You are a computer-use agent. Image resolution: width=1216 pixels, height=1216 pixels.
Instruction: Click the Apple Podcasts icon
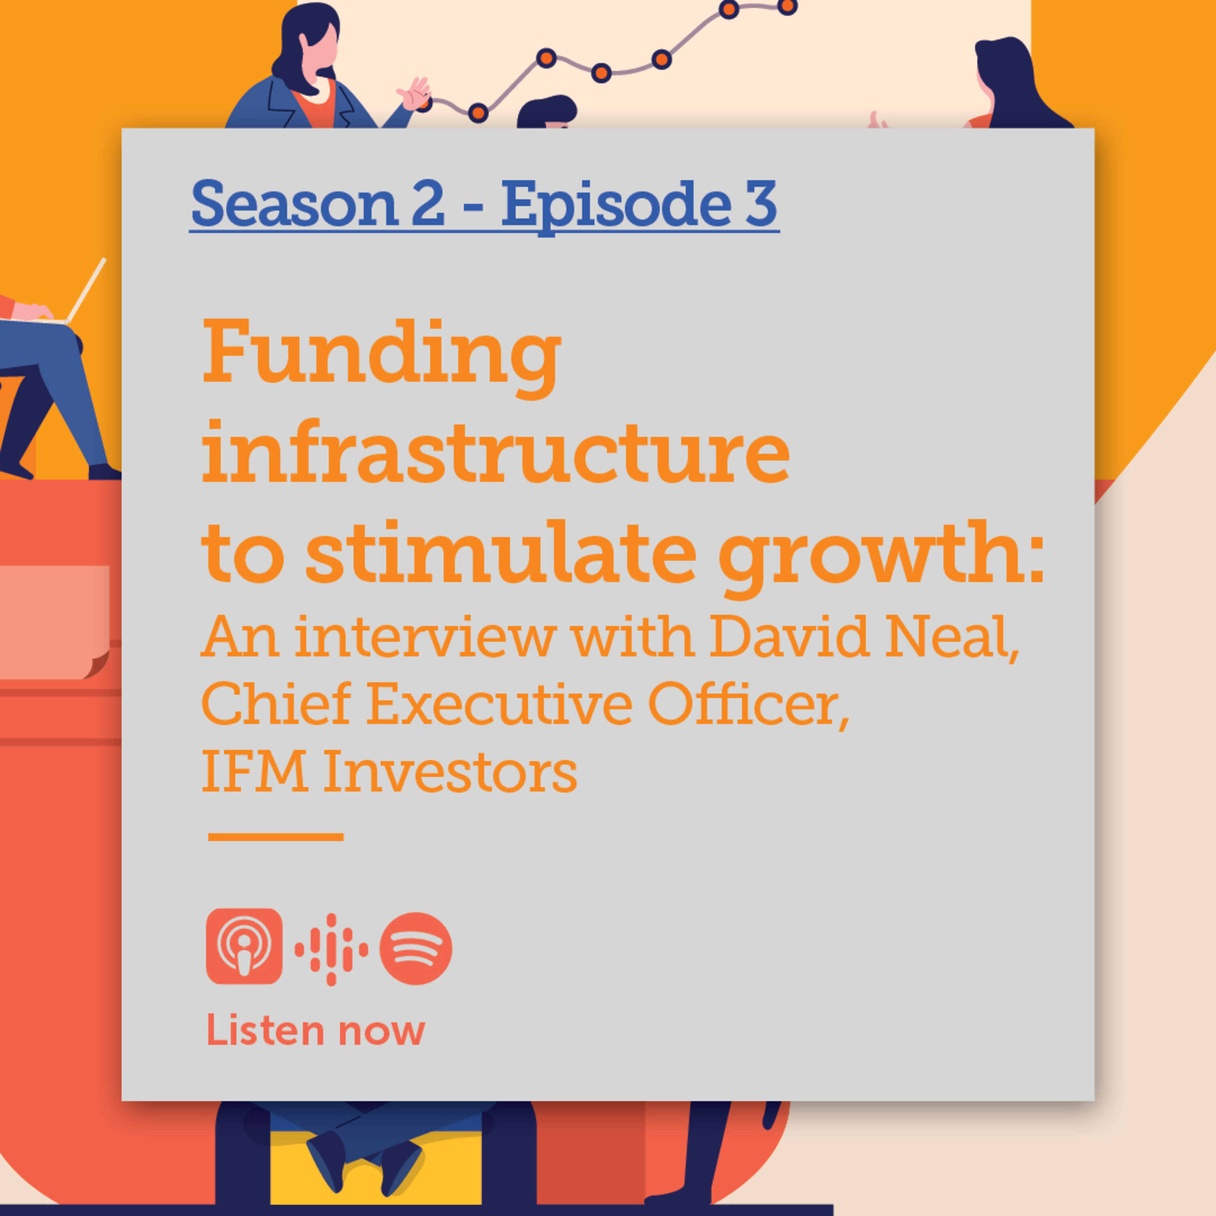click(244, 946)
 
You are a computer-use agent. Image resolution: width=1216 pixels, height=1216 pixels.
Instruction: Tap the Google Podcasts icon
click(331, 948)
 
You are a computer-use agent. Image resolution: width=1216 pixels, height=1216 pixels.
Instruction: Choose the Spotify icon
click(416, 948)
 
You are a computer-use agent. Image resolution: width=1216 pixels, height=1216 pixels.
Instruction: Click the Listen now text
click(316, 1030)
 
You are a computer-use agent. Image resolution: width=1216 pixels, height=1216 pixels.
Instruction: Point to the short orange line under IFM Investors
click(276, 837)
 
